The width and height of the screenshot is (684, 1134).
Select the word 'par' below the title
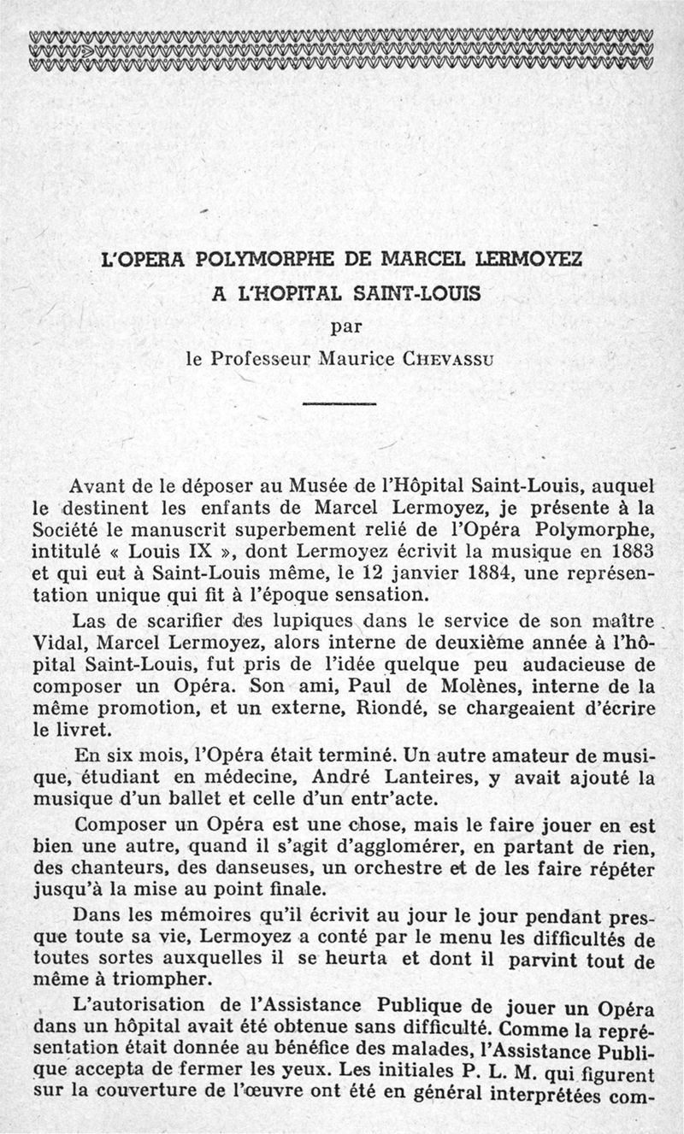[x=343, y=326]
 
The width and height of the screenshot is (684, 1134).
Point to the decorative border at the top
[x=342, y=51]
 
